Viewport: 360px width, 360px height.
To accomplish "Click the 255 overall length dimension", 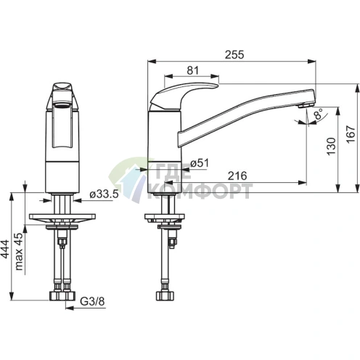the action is (x=234, y=54).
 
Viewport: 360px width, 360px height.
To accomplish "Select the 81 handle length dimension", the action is (x=193, y=70).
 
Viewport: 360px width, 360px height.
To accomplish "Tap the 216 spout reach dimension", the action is (x=237, y=176).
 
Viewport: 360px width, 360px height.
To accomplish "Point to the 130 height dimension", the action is (x=331, y=146).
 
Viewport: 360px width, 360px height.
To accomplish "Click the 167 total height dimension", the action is (x=351, y=134).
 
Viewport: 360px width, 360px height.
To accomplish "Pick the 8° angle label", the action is (x=319, y=114).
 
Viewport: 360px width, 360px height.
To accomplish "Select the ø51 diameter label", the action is (x=200, y=163).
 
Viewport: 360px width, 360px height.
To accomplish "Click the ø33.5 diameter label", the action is (x=104, y=194).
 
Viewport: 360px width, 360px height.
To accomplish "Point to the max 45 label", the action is (x=19, y=252).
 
